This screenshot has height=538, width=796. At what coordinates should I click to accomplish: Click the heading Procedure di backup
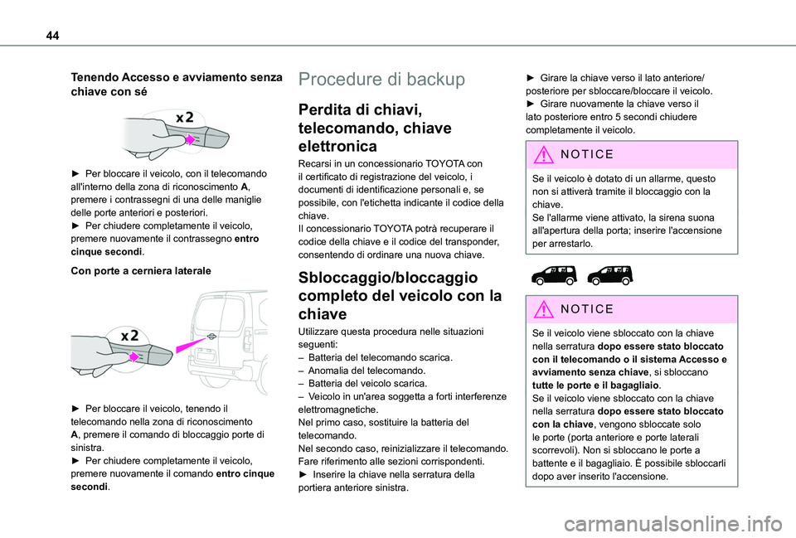pos(381,80)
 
